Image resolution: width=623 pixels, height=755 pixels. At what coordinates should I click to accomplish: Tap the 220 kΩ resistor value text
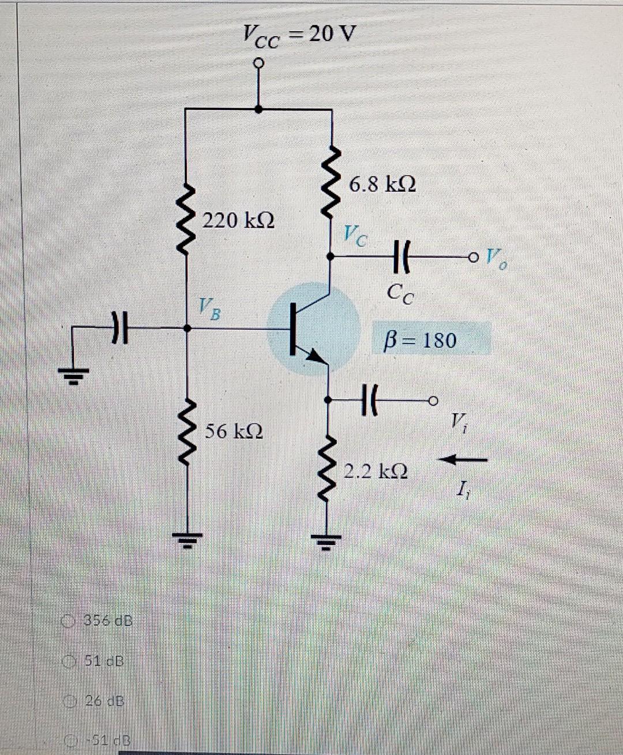[x=238, y=220]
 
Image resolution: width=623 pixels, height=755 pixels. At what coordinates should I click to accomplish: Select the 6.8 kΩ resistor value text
[x=382, y=184]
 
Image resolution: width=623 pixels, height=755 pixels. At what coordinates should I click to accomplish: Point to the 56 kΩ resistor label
[x=234, y=431]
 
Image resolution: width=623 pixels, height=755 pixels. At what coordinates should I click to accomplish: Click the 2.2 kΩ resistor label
[x=376, y=471]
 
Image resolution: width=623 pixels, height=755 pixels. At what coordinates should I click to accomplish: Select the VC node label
[x=355, y=235]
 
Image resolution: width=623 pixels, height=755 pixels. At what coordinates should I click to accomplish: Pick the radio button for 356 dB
[x=69, y=621]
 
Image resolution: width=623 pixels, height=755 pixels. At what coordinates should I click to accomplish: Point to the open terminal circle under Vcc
[x=258, y=62]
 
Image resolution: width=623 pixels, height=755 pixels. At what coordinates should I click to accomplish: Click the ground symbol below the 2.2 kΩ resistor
[x=326, y=541]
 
